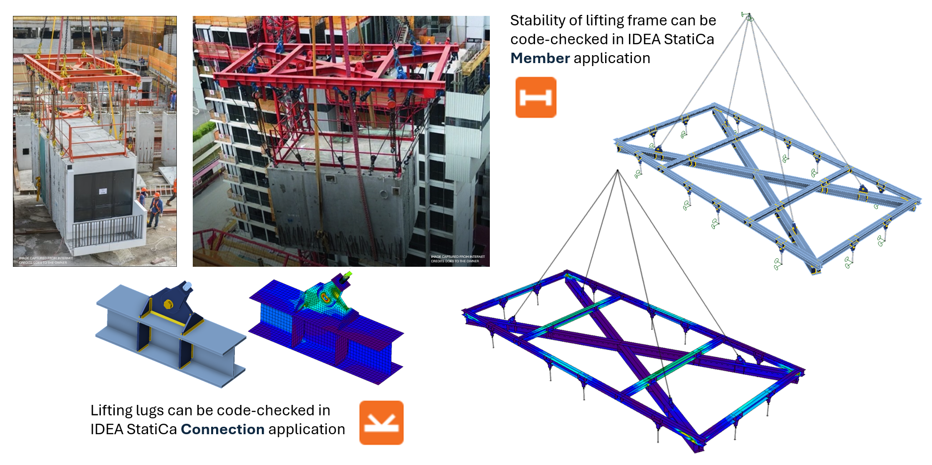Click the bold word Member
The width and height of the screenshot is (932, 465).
coord(540,58)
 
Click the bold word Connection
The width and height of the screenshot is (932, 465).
coord(222,429)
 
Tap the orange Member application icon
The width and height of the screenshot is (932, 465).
coord(536,97)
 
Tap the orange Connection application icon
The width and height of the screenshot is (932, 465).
coord(381,423)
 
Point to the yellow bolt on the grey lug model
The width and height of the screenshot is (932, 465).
coord(168,304)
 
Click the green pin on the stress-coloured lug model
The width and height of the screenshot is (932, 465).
coord(348,274)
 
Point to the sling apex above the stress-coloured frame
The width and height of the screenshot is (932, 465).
coord(618,171)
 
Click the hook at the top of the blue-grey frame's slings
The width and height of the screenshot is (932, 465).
coord(748,17)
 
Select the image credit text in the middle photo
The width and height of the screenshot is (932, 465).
coord(457,259)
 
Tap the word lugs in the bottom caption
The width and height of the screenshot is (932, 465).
coord(150,410)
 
